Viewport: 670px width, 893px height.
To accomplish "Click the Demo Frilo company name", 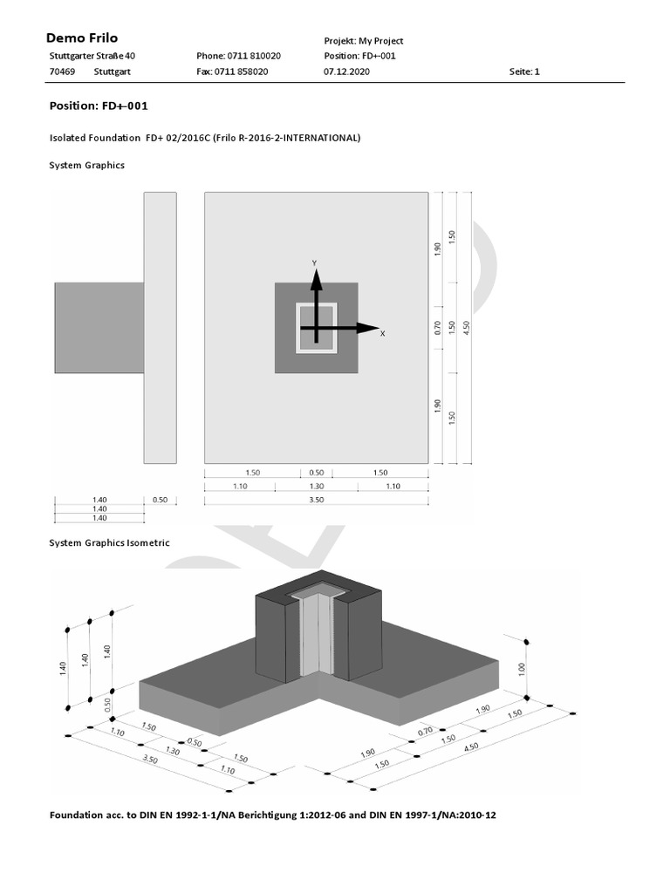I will tap(81, 38).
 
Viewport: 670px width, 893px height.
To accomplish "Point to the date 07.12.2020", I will tap(346, 72).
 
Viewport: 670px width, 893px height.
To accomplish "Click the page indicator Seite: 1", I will tap(524, 72).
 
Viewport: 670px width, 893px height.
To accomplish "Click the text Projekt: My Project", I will tap(363, 41).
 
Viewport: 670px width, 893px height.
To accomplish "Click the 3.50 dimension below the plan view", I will tap(316, 500).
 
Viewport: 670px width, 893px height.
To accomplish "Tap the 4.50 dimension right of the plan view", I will tap(467, 326).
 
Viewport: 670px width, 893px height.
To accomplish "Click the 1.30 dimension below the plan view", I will tap(316, 486).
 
